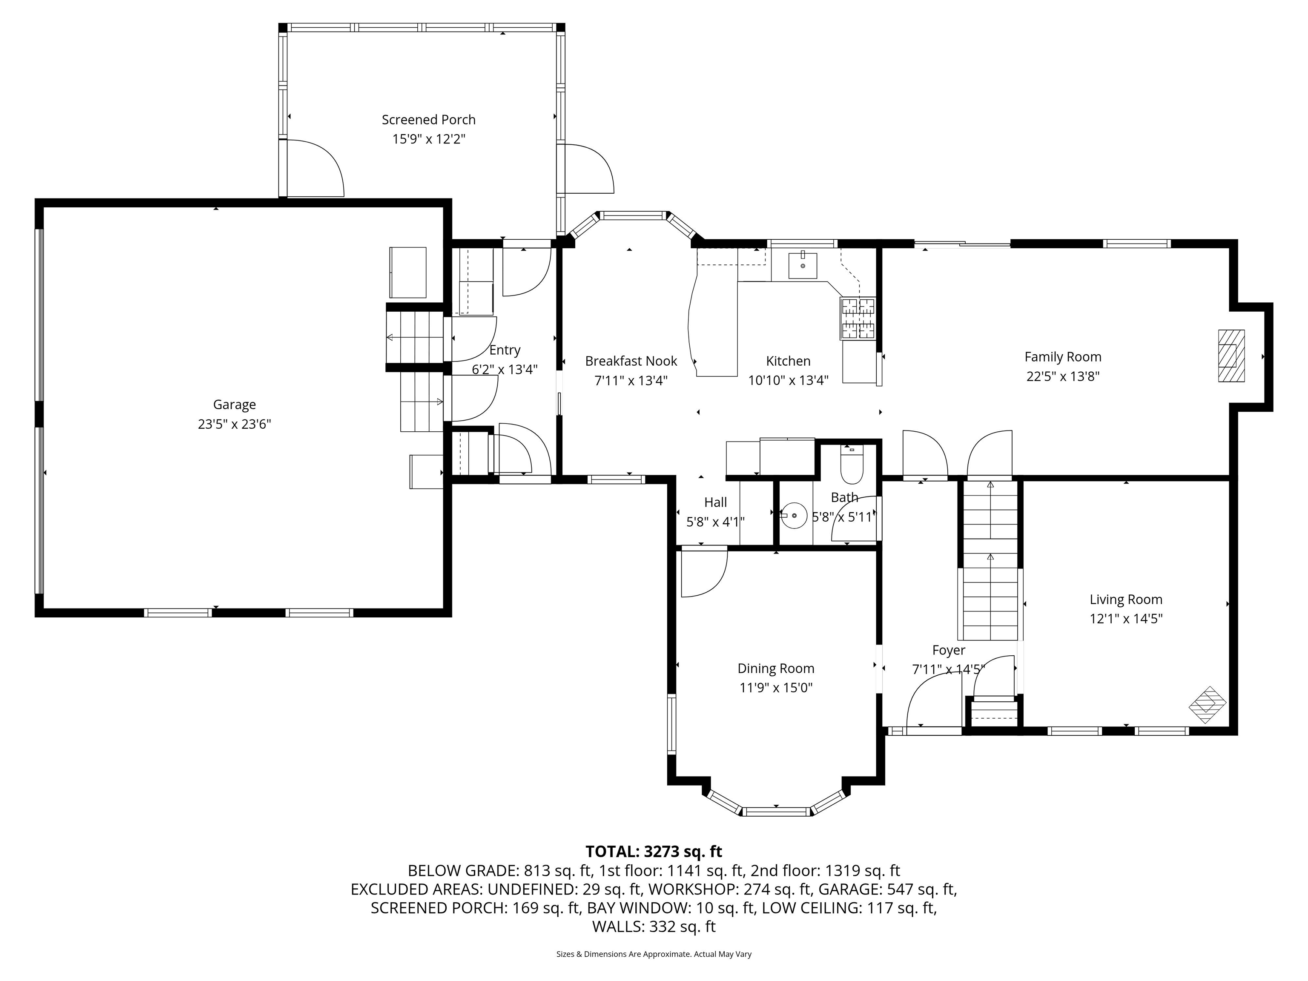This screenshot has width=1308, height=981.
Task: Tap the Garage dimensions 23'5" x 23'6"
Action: click(234, 424)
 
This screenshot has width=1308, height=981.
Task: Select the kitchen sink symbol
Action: click(803, 266)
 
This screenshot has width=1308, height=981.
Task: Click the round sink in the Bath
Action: click(794, 516)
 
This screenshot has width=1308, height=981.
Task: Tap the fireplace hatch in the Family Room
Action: click(1231, 356)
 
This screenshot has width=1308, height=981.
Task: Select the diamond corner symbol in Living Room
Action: click(1208, 705)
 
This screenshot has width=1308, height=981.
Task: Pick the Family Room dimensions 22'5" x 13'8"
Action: click(1063, 376)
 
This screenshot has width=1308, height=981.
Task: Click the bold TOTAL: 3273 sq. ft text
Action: click(654, 852)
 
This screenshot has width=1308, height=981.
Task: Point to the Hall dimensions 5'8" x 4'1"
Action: click(715, 522)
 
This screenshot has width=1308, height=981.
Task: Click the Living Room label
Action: click(1125, 599)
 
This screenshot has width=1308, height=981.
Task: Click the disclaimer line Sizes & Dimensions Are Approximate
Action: click(654, 954)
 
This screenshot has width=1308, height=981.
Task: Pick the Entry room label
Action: click(505, 350)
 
